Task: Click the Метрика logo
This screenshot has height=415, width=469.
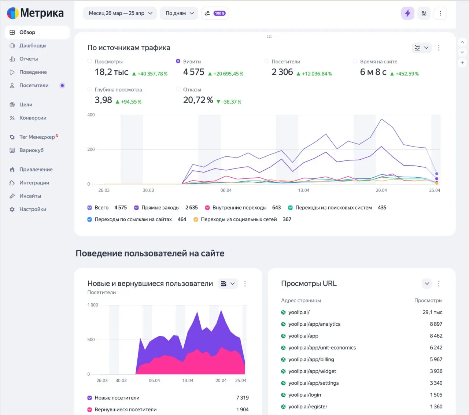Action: (x=35, y=13)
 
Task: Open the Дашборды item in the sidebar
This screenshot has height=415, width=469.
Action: (x=33, y=45)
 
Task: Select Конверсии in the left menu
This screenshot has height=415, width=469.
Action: (x=33, y=118)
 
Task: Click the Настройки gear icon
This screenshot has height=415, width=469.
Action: (x=12, y=209)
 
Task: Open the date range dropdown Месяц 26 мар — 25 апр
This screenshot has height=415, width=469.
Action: (x=120, y=13)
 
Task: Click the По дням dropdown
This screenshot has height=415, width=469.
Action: (x=179, y=13)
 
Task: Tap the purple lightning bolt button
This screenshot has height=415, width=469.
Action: (x=407, y=13)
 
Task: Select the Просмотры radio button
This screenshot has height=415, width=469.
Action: (x=90, y=61)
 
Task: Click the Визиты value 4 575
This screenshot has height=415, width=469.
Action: (x=193, y=72)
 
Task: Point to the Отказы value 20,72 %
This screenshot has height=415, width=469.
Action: (x=198, y=100)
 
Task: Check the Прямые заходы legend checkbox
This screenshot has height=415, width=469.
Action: (x=136, y=208)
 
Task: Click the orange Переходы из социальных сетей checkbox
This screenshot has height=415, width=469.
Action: (x=196, y=219)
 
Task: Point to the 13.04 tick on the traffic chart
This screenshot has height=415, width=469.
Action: (x=303, y=190)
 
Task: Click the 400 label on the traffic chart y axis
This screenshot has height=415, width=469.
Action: (x=91, y=115)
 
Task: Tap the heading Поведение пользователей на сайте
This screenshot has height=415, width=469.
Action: (x=150, y=253)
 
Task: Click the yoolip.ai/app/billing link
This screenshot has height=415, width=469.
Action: (x=311, y=359)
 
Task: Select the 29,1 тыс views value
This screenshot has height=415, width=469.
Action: (x=432, y=312)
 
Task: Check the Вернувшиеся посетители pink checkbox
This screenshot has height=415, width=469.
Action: (x=90, y=410)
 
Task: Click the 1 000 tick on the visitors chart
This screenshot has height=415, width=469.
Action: (x=93, y=305)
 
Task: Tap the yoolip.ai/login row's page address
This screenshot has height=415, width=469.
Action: (x=304, y=395)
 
